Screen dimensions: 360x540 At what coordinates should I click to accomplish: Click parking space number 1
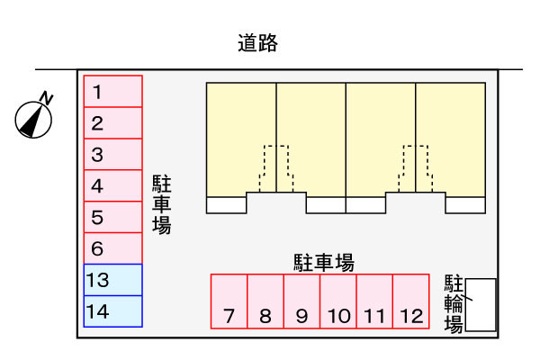coord(113,92)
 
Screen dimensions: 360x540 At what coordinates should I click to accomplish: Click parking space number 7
coord(229,301)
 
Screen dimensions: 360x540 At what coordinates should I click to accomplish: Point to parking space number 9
coord(302,301)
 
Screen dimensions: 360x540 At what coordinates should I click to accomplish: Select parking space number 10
coord(338,301)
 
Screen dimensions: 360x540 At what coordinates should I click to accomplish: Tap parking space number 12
coord(411,301)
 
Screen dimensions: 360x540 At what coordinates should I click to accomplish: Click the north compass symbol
coord(34,117)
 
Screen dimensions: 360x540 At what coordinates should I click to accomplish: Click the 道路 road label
coord(258,42)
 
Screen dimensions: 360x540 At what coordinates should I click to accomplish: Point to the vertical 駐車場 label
coord(162,205)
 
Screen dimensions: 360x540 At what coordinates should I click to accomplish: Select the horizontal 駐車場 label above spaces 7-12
coord(323,263)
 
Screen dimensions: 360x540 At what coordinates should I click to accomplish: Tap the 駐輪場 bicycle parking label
coord(454,304)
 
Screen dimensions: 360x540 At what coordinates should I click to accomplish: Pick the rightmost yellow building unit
coord(451,135)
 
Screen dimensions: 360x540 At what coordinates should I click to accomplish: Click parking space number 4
coord(113,186)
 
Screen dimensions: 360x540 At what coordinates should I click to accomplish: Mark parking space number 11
coord(375,301)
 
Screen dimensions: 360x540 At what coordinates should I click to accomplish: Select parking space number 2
coord(113,123)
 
